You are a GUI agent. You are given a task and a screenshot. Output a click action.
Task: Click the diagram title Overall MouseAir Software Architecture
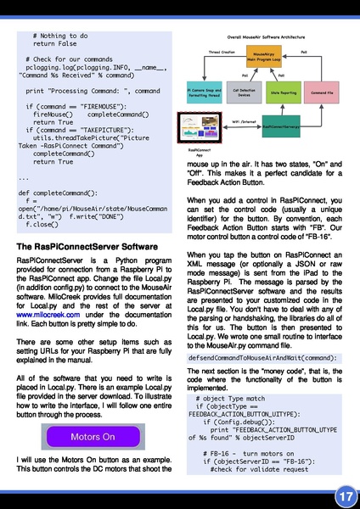click(x=264, y=38)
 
